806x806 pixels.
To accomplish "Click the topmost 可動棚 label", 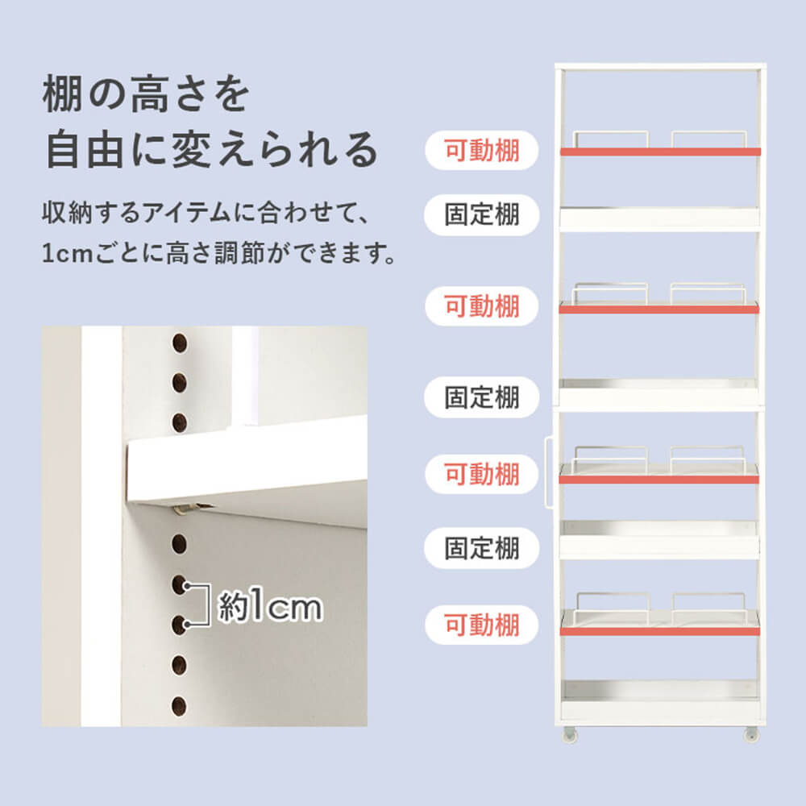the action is [x=482, y=151].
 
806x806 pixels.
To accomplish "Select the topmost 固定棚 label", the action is [x=482, y=215].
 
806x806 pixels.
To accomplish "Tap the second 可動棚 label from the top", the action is [x=482, y=306].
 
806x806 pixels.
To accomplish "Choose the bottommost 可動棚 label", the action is [x=482, y=625].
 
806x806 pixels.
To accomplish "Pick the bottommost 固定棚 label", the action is [x=482, y=548].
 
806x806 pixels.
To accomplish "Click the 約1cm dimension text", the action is [x=270, y=607].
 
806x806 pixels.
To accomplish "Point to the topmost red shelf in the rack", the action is [x=660, y=152].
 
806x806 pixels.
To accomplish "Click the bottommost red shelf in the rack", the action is [x=660, y=631].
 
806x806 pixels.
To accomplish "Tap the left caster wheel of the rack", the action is [x=570, y=733].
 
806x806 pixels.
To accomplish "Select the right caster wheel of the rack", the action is [x=751, y=733].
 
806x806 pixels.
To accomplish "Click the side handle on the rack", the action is [x=548, y=473].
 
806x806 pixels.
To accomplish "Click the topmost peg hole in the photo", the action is [x=180, y=343].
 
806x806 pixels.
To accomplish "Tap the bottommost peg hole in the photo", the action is [x=179, y=706].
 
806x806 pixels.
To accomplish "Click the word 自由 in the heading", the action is [x=87, y=150].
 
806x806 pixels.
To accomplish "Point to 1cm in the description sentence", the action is [x=67, y=253].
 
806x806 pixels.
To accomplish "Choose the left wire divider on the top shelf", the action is [x=611, y=139].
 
